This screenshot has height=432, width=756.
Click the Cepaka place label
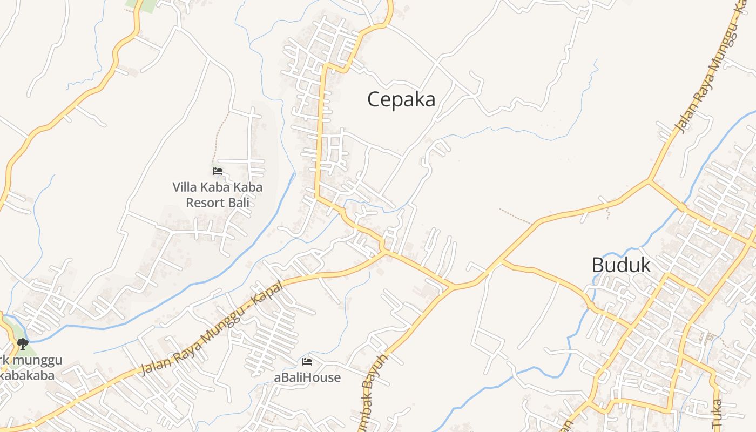pos(401,99)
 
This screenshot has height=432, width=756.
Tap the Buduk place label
pos(621,265)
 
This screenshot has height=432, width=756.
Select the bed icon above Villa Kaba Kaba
pos(218,171)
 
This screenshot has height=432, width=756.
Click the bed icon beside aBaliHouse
pos(307,362)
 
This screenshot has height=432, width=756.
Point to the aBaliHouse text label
pos(307,377)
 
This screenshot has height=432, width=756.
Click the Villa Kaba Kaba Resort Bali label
pos(218,195)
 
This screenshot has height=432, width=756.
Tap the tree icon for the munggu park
pos(22,344)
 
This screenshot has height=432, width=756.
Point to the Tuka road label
pos(717,413)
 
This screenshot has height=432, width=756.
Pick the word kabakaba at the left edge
pos(27,375)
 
